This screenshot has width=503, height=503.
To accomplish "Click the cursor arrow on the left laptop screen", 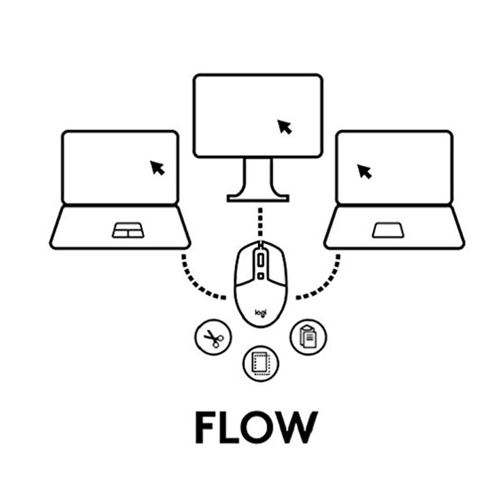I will point(157,168).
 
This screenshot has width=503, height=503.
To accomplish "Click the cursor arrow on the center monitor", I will point(285,127).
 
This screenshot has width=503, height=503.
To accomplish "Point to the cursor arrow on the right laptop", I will point(364,171).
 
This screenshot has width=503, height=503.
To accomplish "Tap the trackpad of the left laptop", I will point(128,231).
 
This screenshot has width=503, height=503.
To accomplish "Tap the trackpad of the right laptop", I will point(388,231).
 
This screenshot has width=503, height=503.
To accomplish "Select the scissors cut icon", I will point(213,338).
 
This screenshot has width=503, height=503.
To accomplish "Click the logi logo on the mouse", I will point(260,311).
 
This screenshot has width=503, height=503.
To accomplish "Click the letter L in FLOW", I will point(229,428).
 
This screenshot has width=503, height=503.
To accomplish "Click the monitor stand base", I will point(258,197).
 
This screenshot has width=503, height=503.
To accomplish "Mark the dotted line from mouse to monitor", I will point(258,220).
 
